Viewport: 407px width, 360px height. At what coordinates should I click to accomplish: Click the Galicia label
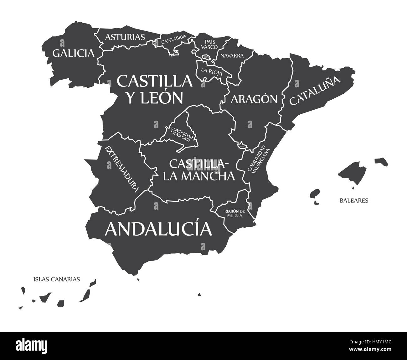[73, 53]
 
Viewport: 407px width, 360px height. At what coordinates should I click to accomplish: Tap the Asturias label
[125, 37]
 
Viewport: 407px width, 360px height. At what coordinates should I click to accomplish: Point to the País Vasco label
[209, 44]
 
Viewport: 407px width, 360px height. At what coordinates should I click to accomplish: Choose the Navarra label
[232, 56]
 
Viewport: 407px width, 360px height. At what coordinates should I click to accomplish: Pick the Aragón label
[254, 99]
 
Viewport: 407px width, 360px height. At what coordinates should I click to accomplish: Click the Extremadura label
[122, 168]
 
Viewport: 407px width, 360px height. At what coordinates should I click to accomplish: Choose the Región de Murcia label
[234, 213]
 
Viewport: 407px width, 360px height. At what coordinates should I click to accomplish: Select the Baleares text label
[354, 200]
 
